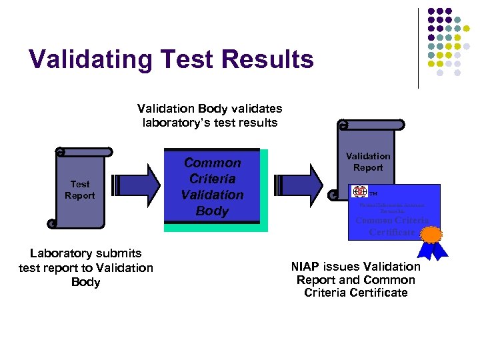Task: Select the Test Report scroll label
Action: (80, 190)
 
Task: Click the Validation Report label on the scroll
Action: (368, 162)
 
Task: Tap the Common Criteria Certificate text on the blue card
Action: (391, 226)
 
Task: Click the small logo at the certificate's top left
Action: (360, 192)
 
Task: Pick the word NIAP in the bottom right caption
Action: (307, 267)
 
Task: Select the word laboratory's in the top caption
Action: (175, 122)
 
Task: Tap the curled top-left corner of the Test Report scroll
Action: (60, 152)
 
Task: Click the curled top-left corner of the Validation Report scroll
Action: (343, 124)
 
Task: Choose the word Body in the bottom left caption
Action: (85, 282)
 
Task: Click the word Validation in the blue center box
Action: (213, 195)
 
